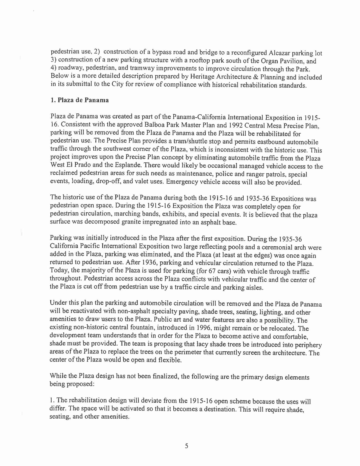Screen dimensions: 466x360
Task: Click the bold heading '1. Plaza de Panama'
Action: (80, 100)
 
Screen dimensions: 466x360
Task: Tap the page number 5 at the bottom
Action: (186, 446)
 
